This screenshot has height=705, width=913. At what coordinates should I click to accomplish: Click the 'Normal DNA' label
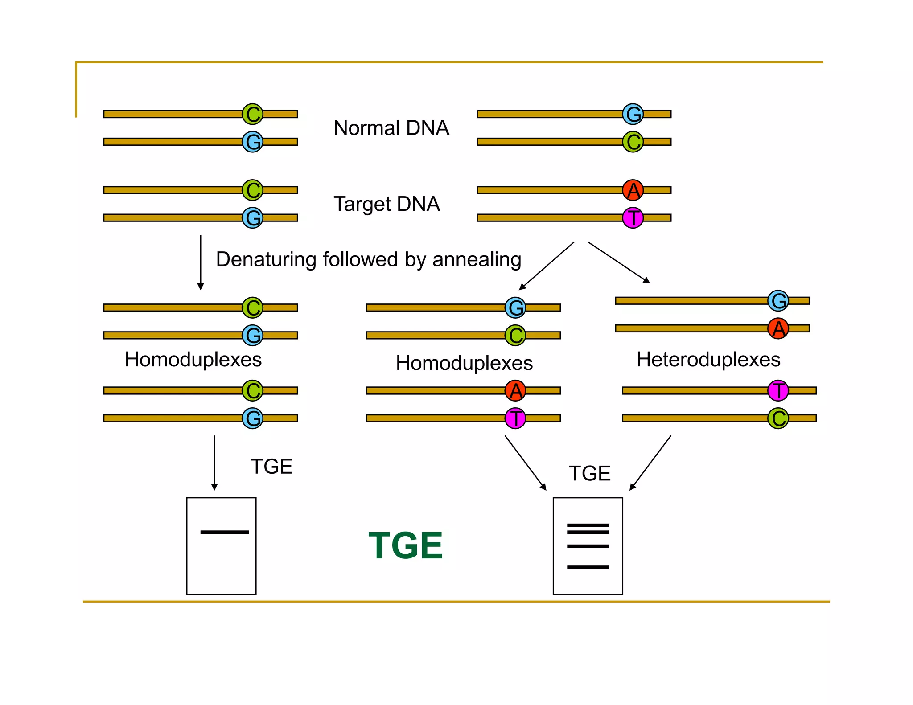[x=391, y=128]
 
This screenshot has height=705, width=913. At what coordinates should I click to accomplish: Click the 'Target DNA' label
[x=387, y=204]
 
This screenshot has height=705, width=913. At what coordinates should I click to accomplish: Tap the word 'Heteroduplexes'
[x=708, y=359]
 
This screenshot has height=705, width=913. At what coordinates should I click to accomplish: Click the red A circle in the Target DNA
[x=633, y=190]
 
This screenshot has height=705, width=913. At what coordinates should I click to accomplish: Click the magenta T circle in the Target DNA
[x=633, y=218]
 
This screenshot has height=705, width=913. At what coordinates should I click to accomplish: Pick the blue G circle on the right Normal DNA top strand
[x=633, y=114]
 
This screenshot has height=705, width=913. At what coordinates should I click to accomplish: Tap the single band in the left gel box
[x=224, y=532]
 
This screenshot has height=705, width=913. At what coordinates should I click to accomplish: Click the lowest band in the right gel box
[x=588, y=567]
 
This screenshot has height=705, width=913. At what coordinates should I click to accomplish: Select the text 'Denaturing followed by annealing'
[x=368, y=259]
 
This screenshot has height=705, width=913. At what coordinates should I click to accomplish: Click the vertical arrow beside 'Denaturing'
[x=201, y=262]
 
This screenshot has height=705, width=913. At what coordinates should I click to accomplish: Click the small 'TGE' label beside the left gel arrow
[x=271, y=467]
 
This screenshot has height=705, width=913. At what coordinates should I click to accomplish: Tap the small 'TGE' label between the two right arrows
[x=589, y=473]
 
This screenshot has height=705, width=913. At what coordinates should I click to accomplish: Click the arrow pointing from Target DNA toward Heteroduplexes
[x=619, y=262]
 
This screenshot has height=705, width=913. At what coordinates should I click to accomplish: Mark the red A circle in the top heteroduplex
[x=778, y=328]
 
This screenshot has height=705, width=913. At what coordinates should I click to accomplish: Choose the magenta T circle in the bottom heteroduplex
[x=778, y=391]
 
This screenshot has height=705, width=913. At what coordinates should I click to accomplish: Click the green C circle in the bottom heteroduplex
[x=778, y=418]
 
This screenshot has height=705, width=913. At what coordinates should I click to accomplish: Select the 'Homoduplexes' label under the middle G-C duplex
[x=464, y=363]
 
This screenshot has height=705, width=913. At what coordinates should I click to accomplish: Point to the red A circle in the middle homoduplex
[x=515, y=391]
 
